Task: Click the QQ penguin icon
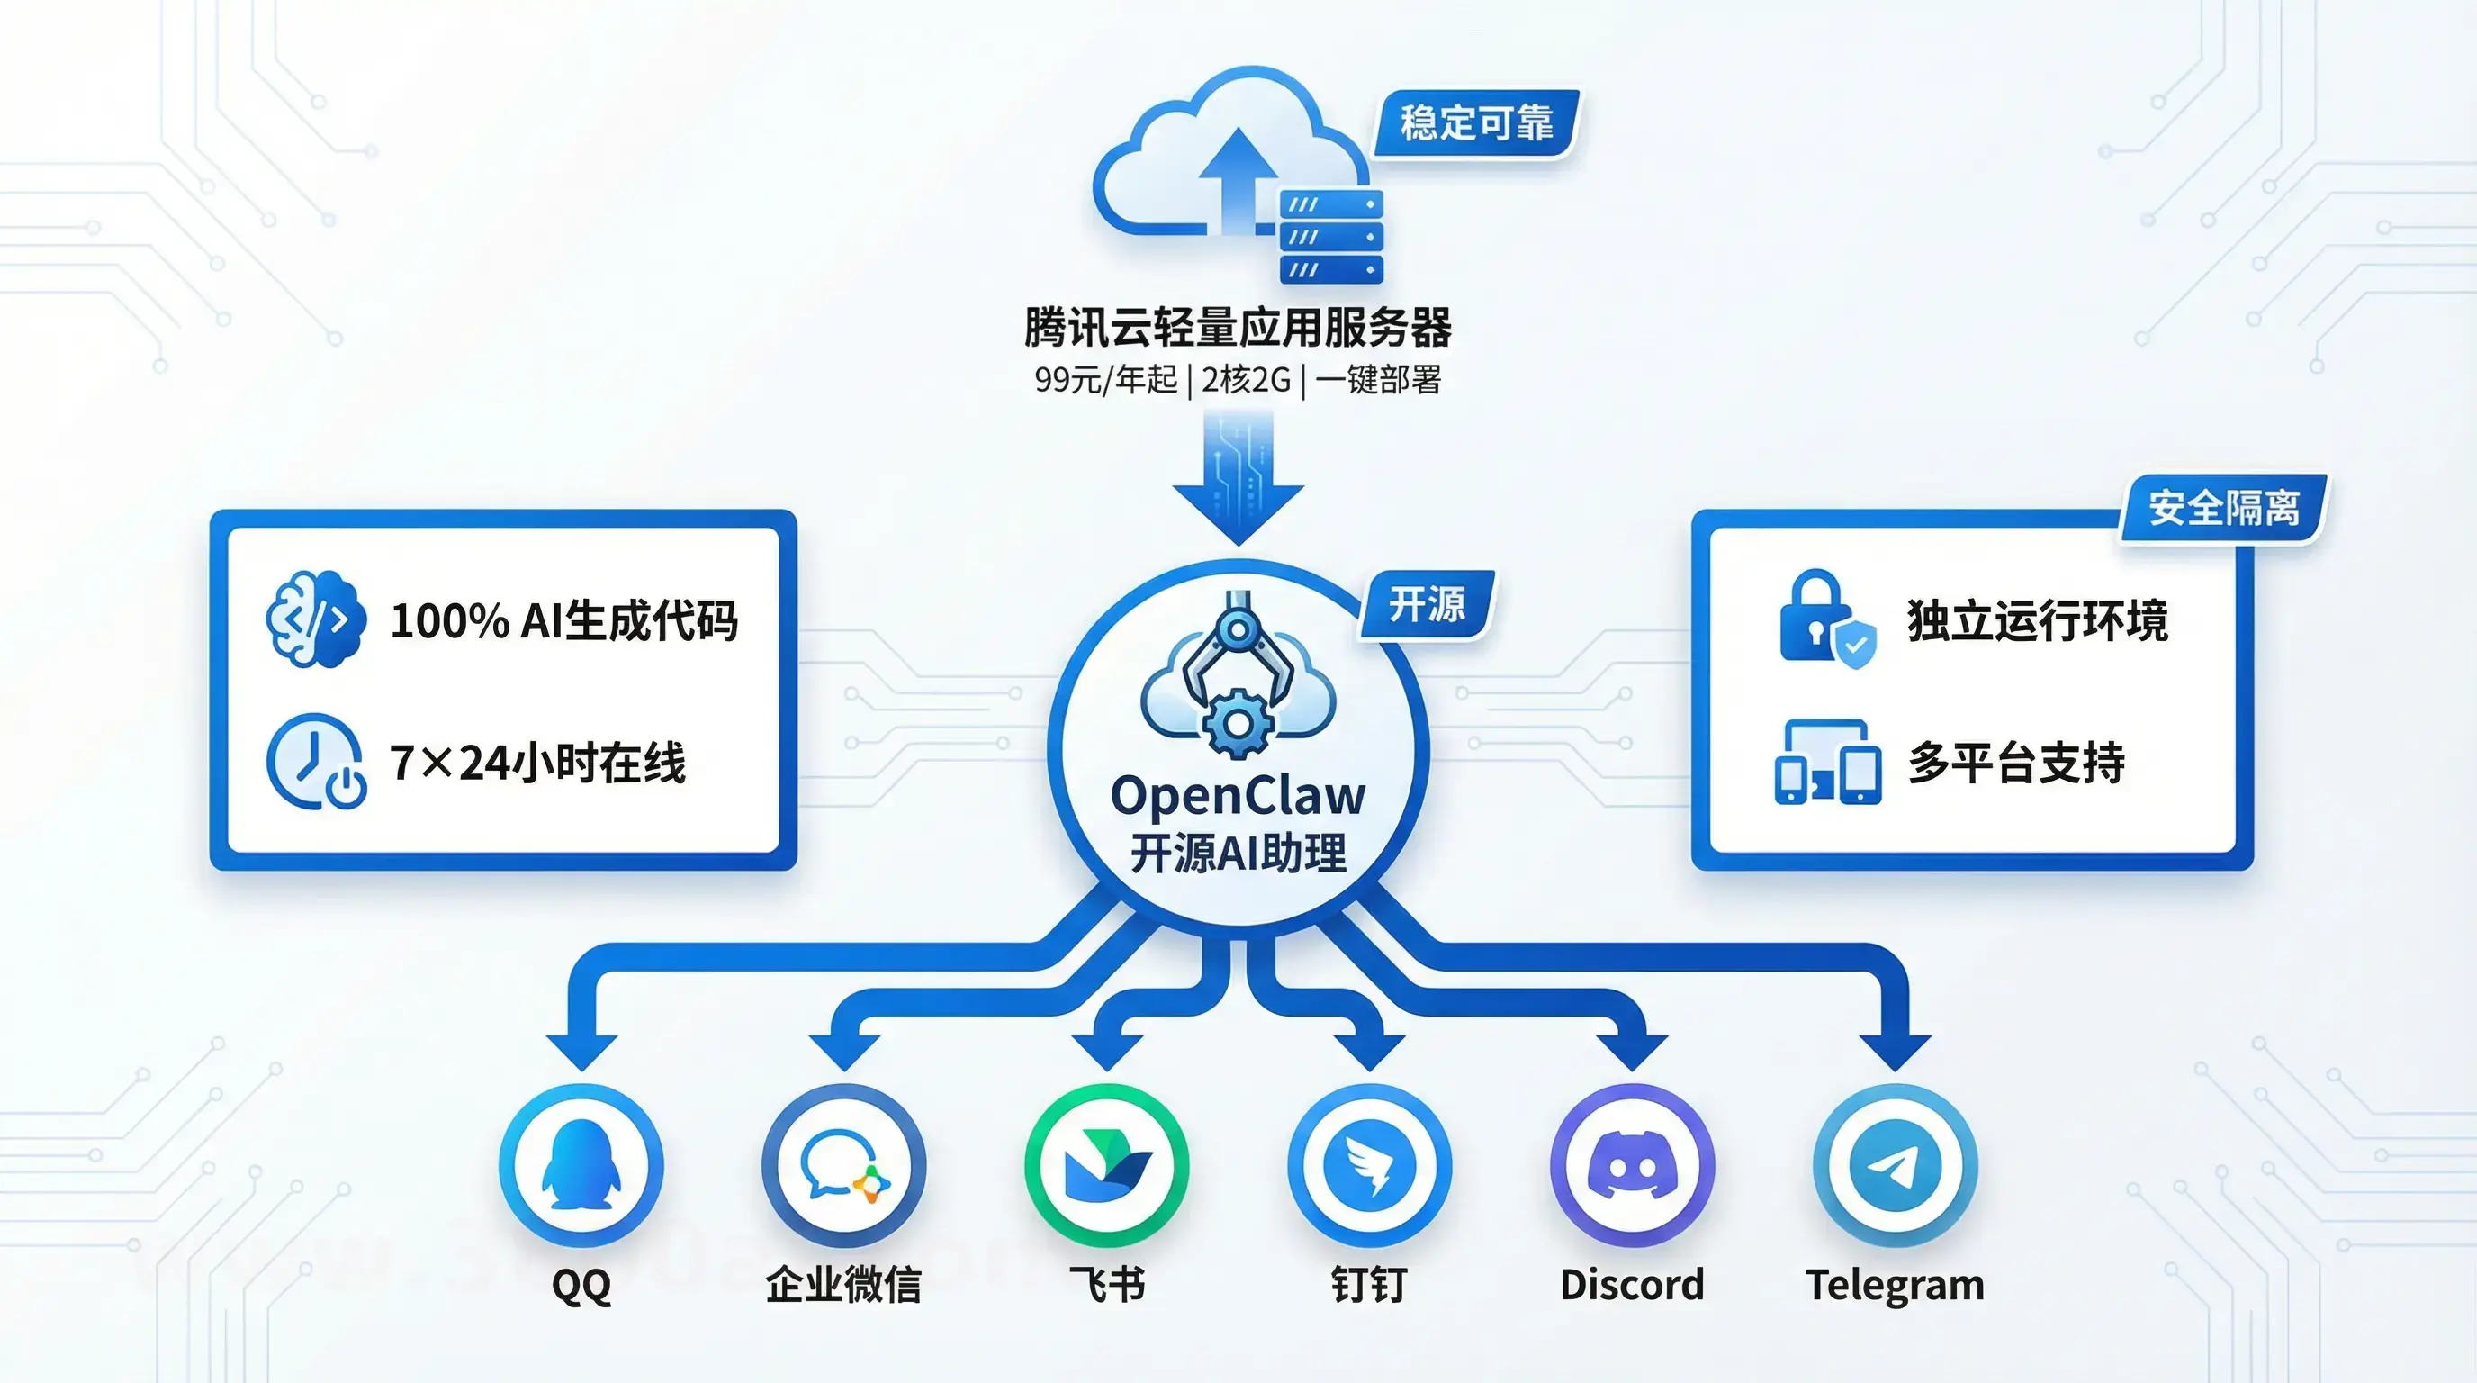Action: pos(581,1165)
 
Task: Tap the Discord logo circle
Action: pos(1632,1165)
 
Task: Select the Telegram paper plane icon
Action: pos(1895,1165)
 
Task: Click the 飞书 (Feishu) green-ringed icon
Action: pos(1107,1165)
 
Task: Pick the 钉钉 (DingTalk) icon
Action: pos(1369,1165)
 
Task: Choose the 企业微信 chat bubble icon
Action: pos(843,1165)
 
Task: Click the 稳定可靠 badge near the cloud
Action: pos(1476,123)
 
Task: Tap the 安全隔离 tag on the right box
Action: pos(2223,507)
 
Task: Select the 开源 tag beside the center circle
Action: pos(1426,605)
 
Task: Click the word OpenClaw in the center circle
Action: pos(1238,795)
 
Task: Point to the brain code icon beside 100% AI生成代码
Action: pos(315,619)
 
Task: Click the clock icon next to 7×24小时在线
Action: pos(314,761)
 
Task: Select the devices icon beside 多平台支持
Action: pos(1827,761)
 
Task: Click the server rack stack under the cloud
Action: pos(1331,237)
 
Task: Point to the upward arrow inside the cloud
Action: pos(1238,178)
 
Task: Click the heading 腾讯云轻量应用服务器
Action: pos(1238,327)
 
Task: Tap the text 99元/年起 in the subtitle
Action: pos(1105,380)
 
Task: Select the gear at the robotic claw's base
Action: pos(1238,724)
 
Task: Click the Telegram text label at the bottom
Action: pos(1895,1285)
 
